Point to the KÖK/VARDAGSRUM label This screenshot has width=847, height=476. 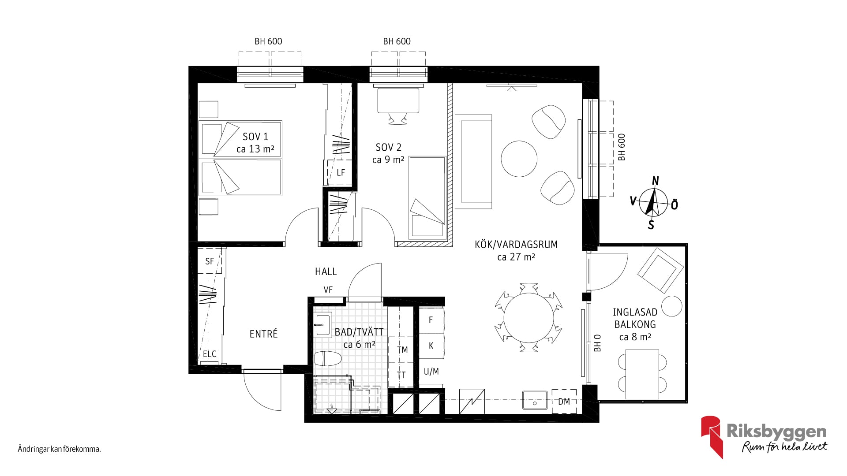(x=516, y=244)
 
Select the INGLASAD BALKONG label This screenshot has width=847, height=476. (x=635, y=318)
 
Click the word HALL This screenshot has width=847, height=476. (x=326, y=271)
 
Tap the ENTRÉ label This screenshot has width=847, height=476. (x=263, y=334)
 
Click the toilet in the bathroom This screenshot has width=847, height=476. (x=328, y=358)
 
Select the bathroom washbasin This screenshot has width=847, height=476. (x=323, y=325)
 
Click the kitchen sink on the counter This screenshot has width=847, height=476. (x=535, y=401)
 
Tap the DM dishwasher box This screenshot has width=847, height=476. (x=564, y=401)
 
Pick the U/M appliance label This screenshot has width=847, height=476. (x=431, y=372)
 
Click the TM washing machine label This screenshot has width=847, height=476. (x=402, y=350)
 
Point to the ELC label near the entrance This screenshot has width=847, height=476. (x=210, y=354)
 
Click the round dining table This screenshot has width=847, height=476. (x=528, y=317)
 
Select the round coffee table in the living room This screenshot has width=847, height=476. (x=519, y=158)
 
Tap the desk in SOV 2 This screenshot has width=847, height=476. (x=398, y=100)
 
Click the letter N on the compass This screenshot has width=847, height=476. (x=656, y=181)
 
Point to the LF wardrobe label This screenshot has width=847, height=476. (x=341, y=173)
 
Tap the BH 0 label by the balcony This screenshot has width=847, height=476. (x=598, y=343)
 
